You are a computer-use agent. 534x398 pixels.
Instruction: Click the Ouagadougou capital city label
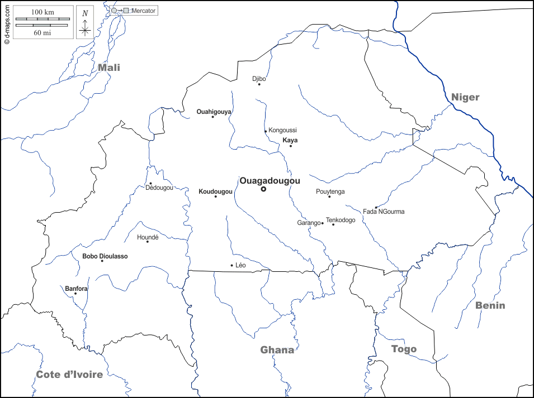click(x=270, y=181)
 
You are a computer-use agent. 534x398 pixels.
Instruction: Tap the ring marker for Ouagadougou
click(x=263, y=189)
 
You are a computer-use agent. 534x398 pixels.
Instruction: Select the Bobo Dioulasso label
click(x=105, y=256)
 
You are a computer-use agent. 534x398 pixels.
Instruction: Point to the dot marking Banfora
click(x=75, y=294)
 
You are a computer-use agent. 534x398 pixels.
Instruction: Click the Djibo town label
click(x=259, y=79)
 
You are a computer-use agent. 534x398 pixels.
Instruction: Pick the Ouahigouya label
click(x=214, y=112)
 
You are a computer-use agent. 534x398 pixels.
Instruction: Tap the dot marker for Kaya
click(x=291, y=146)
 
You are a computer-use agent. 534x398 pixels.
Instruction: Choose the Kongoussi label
click(x=282, y=130)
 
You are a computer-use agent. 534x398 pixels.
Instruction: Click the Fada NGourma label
click(x=384, y=212)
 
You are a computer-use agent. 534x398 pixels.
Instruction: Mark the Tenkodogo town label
click(x=341, y=220)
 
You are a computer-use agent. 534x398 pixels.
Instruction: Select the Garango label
click(x=308, y=223)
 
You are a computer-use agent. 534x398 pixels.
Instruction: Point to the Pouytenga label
click(x=330, y=191)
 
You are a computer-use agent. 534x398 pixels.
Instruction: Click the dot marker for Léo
click(x=232, y=265)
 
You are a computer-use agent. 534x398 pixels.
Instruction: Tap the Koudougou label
click(x=215, y=191)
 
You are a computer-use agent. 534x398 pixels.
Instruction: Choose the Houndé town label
click(x=148, y=237)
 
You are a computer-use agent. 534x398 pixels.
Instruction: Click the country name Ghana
click(x=277, y=350)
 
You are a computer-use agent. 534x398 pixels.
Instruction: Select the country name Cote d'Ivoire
click(x=69, y=374)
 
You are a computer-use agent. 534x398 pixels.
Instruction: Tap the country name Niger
click(x=465, y=97)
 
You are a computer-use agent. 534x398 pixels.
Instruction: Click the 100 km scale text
click(x=42, y=12)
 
